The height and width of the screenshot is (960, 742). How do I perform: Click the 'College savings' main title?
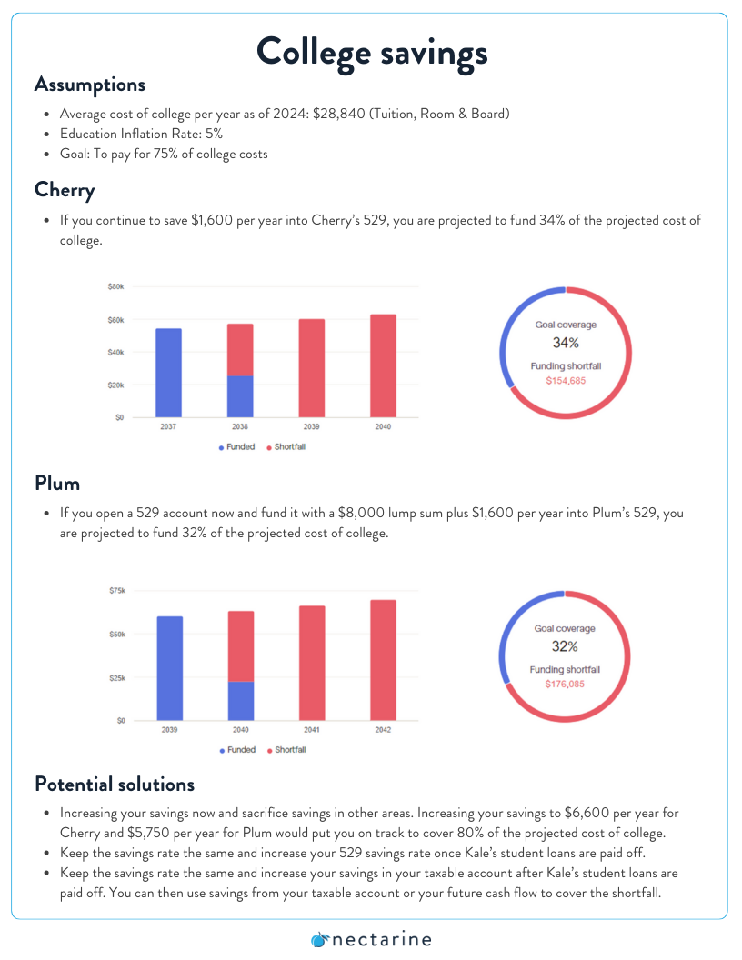pos(372,53)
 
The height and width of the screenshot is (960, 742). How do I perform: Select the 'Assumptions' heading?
pos(90,85)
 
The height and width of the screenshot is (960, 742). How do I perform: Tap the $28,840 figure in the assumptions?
pos(338,114)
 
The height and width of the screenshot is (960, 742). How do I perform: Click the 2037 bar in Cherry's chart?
pos(168,373)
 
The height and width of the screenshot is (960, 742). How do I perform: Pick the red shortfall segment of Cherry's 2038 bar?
pos(240,350)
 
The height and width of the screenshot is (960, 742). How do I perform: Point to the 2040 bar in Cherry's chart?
pos(383,366)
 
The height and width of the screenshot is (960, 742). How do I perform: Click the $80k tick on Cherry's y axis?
pos(115,286)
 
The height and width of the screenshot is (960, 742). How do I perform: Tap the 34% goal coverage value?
pos(566,343)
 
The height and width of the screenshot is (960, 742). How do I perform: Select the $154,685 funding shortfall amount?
pos(566,381)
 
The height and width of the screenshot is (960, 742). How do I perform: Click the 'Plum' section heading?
pos(57,484)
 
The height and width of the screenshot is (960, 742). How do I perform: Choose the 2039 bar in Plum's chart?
pos(169,668)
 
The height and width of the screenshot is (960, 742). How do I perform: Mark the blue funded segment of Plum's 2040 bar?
pos(241,701)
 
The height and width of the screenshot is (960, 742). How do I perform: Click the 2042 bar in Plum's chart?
pos(383,660)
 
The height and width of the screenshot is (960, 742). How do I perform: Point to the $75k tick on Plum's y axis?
pos(117,591)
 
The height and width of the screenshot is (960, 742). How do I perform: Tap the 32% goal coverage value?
pos(565,646)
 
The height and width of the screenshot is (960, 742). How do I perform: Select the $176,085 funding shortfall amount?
pos(565,685)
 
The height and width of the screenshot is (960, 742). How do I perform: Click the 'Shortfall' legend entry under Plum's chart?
pos(286,750)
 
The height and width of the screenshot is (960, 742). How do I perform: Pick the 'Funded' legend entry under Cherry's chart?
pos(236,447)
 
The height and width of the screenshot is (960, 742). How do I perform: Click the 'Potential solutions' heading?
pos(115,785)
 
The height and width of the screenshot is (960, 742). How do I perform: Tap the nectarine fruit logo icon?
pos(319,940)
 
